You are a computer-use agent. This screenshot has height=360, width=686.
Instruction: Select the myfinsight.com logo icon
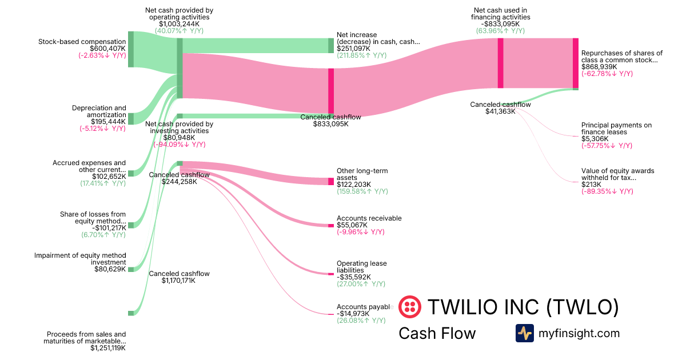(x=524, y=333)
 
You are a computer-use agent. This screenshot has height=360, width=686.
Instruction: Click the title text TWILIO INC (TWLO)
(x=523, y=307)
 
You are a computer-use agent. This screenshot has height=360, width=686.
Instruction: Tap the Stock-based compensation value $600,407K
(x=107, y=49)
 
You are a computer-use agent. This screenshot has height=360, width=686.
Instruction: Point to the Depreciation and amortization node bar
(x=130, y=118)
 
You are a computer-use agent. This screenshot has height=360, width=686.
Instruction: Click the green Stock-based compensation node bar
(x=130, y=49)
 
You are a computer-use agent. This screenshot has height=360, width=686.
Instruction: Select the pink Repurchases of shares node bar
(x=576, y=63)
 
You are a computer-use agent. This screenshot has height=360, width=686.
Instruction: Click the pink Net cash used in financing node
(x=500, y=63)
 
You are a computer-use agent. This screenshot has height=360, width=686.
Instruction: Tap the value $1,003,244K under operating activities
(x=179, y=24)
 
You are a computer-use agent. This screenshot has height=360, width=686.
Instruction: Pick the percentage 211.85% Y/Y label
(x=361, y=55)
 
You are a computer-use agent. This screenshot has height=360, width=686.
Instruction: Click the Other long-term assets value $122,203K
(x=354, y=185)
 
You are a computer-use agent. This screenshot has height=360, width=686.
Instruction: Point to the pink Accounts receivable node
(x=330, y=226)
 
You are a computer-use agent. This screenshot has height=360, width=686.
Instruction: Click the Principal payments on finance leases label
(x=616, y=129)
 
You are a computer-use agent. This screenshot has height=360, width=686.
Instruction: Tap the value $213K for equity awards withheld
(x=591, y=185)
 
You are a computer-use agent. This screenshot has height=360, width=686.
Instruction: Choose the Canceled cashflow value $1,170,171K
(x=179, y=281)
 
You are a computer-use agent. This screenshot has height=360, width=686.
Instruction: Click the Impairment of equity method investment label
(x=80, y=259)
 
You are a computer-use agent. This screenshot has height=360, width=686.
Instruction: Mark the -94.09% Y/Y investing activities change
(x=179, y=145)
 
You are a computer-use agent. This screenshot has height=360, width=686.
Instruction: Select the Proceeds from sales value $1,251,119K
(x=108, y=347)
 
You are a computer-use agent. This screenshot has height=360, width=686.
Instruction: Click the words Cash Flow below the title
(x=437, y=333)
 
